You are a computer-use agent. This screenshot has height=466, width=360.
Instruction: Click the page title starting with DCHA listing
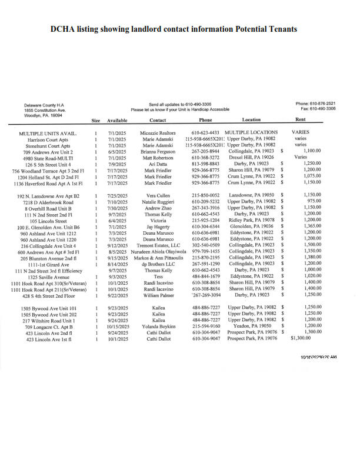tap(174, 29)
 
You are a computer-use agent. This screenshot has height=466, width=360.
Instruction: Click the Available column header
tap(117, 120)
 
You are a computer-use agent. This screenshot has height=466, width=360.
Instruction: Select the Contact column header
tap(158, 120)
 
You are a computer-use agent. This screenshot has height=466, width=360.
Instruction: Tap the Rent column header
tap(307, 119)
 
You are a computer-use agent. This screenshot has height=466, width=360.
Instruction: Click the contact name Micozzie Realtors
tap(158, 133)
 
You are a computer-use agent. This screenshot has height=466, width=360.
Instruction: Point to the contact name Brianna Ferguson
tap(158, 151)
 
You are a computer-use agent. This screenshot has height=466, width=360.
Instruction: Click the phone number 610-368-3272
tap(205, 158)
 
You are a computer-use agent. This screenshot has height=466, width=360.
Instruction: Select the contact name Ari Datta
tap(158, 164)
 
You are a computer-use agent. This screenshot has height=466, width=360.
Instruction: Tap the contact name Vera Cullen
tap(158, 195)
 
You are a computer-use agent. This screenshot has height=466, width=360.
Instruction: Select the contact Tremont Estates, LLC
tap(158, 245)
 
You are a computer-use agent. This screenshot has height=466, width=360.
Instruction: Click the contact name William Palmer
tap(158, 294)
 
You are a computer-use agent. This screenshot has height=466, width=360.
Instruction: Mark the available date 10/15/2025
tap(118, 325)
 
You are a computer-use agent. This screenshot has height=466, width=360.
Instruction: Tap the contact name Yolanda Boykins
tap(158, 325)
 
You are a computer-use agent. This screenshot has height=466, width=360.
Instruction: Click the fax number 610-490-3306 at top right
tap(335, 109)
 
